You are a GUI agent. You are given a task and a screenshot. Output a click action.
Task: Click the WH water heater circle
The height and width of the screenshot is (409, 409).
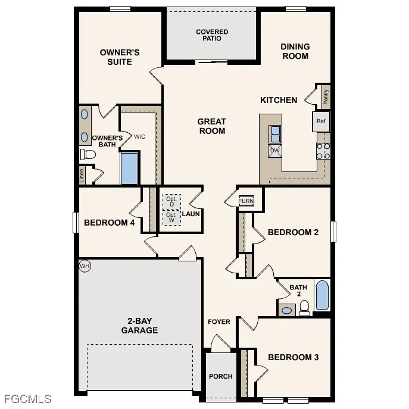(x=85, y=266)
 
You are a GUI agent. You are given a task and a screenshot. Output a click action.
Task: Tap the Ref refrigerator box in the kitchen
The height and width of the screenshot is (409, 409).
(x=321, y=121)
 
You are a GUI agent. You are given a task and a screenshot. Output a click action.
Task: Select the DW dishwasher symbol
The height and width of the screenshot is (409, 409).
(x=274, y=151)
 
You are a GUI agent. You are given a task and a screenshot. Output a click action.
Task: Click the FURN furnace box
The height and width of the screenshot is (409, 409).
(x=246, y=201)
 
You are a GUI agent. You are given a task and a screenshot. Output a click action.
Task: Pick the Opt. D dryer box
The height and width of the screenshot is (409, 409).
(x=171, y=201)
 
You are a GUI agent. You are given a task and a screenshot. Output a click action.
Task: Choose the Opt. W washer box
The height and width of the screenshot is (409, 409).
(x=171, y=217)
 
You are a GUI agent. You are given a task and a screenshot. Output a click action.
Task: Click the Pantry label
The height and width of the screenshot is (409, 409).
(x=326, y=96)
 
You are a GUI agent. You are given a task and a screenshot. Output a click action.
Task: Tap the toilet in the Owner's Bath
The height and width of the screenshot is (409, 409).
(x=88, y=155)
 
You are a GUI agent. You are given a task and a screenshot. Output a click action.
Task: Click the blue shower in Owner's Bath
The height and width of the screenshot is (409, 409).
(x=129, y=168)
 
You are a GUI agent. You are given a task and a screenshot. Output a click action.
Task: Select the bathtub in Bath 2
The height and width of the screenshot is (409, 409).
(x=322, y=296)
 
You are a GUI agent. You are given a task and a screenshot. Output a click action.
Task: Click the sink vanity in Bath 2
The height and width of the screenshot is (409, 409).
(x=286, y=310)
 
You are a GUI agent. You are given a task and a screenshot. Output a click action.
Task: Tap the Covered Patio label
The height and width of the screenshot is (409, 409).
(x=212, y=35)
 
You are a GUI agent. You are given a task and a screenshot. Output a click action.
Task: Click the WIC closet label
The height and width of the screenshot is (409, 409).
(x=139, y=136)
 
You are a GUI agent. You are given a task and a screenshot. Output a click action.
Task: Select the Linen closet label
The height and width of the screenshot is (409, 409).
(x=82, y=175)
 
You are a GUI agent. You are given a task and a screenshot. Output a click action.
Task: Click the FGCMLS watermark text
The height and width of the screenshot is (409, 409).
(x=27, y=399)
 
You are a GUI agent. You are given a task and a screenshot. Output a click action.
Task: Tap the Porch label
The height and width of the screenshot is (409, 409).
(x=220, y=376)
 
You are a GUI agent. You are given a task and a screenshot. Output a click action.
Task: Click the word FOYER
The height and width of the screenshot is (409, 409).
(x=218, y=322)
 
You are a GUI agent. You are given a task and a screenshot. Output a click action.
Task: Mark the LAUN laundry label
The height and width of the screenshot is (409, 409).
(x=191, y=214)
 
